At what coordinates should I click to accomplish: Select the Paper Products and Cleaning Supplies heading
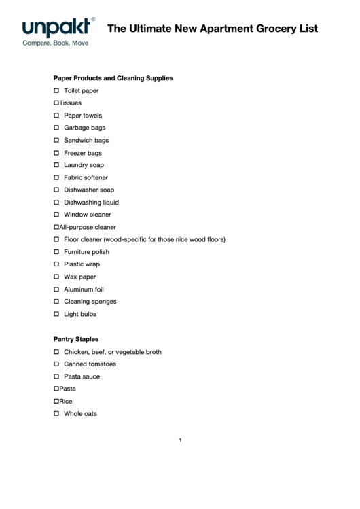tap(113, 78)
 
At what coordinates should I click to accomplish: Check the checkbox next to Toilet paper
tap(56, 90)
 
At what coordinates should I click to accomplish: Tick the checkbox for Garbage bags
tap(56, 128)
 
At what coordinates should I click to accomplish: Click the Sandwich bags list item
tap(86, 140)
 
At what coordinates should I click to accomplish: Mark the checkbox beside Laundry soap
tap(56, 165)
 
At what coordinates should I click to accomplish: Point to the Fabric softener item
tap(86, 177)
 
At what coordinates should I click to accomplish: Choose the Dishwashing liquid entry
tap(91, 203)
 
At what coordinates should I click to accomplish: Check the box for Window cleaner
tap(56, 215)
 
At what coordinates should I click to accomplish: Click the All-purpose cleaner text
tap(88, 227)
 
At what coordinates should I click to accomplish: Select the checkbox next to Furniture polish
tap(56, 252)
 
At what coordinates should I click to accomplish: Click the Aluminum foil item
tap(84, 289)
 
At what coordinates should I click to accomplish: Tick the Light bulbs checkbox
tap(56, 314)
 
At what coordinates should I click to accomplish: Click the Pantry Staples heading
tap(76, 339)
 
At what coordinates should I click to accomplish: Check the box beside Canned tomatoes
tap(56, 364)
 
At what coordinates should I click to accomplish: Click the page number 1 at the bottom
tap(180, 440)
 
